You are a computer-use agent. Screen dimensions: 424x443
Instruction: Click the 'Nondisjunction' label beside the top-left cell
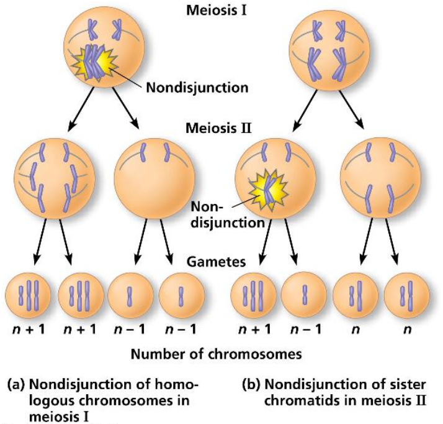pos(197,86)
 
